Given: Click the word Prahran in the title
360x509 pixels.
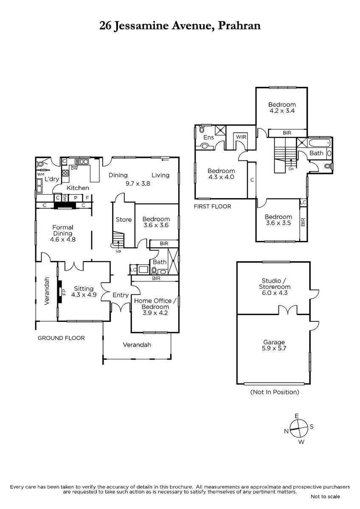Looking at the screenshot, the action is click(239, 26).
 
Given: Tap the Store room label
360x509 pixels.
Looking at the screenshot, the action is click(124, 220).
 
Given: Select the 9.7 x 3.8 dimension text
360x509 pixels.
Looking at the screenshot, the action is click(138, 184).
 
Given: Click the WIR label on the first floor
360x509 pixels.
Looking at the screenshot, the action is click(241, 137).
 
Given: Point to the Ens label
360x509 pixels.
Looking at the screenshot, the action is click(208, 137).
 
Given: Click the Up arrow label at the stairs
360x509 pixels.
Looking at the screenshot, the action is click(118, 251).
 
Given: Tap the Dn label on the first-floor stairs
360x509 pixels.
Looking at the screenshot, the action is click(291, 169).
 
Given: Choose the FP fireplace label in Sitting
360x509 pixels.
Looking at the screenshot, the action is click(64, 291).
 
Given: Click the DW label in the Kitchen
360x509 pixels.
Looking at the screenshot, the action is click(74, 169).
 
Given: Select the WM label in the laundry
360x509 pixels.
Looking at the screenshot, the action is click(41, 174).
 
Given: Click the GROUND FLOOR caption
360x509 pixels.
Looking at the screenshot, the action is click(61, 338).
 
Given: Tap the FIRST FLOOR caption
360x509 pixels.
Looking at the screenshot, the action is click(212, 207).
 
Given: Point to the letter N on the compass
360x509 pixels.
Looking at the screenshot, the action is click(286, 431).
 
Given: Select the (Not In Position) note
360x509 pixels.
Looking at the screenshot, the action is click(275, 392).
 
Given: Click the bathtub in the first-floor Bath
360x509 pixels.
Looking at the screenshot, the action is click(319, 143).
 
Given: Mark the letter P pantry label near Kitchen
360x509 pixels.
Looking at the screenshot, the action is click(76, 198).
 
